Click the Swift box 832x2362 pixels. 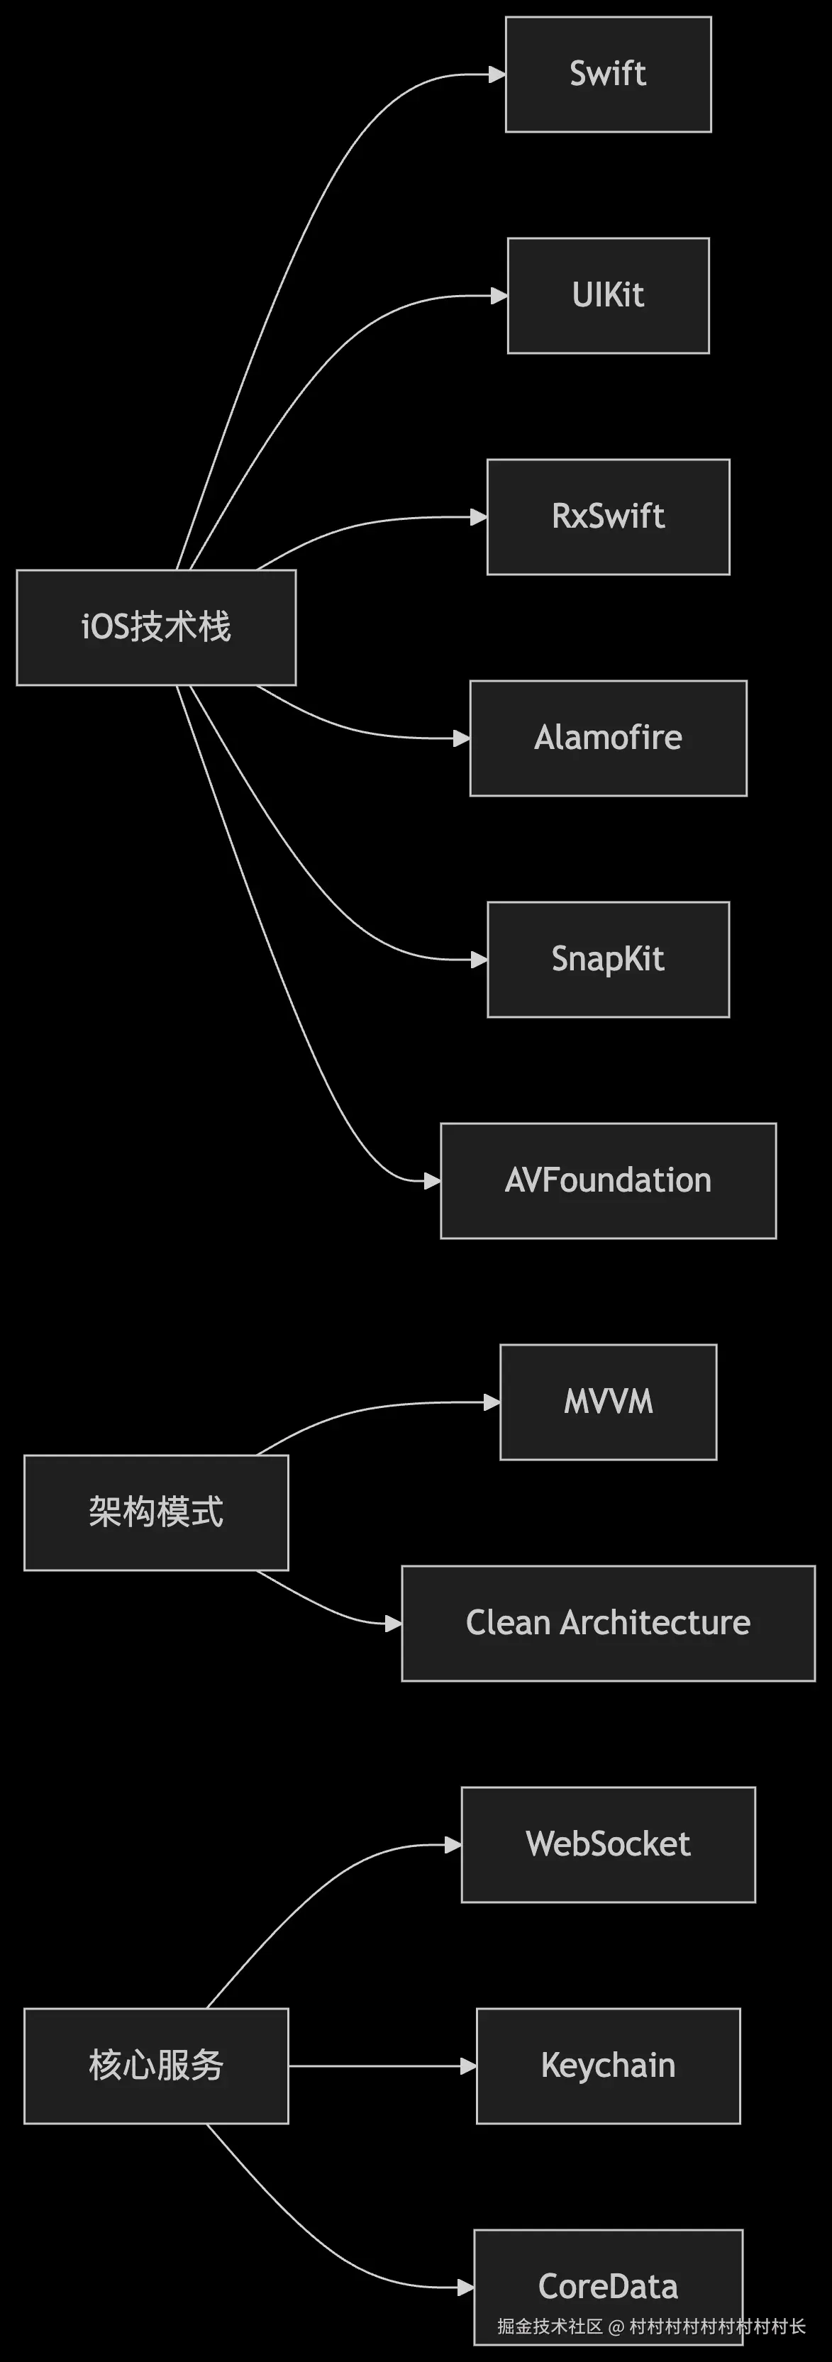608,74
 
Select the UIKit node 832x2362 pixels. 608,295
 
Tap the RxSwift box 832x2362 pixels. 608,516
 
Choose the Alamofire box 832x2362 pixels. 608,738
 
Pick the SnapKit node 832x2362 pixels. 608,959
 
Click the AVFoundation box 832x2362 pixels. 608,1180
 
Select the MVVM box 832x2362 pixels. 608,1402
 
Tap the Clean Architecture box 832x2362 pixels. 608,1623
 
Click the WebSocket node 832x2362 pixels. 608,1844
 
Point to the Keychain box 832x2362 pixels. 608,2066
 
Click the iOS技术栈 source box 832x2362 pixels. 156,627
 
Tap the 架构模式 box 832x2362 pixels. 156,1512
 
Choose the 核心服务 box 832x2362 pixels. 156,2066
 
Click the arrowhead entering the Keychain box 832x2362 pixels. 469,2066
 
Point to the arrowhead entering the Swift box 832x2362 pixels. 497,74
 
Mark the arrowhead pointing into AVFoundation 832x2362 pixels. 433,1181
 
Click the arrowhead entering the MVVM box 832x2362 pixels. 492,1402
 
